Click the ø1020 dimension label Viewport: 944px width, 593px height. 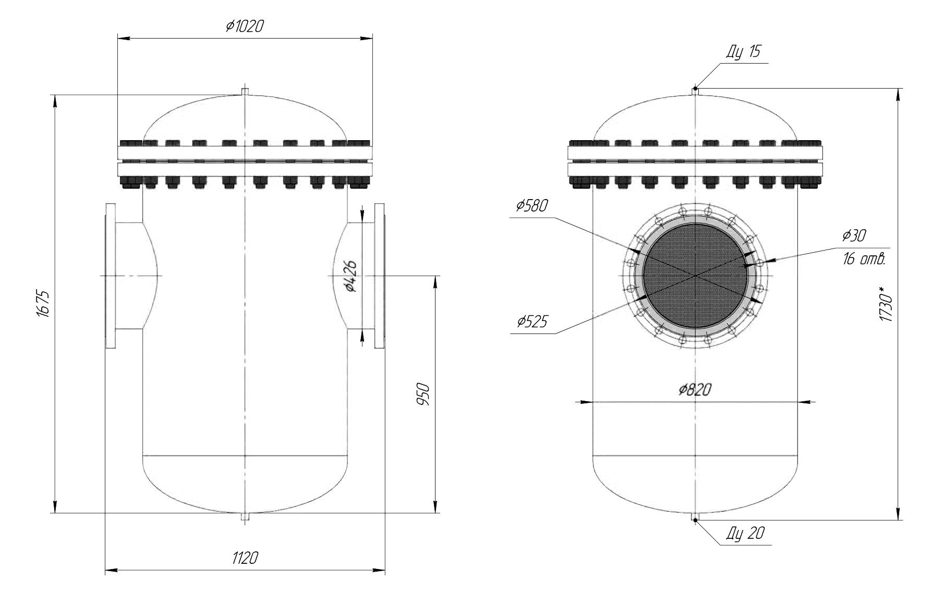[x=245, y=27]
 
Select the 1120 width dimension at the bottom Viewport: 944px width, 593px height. [x=245, y=559]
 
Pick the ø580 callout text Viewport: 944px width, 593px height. [x=532, y=206]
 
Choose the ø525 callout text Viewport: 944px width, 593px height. [x=532, y=322]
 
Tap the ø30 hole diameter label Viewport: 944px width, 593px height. [x=854, y=236]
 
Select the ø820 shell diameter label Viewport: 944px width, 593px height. [x=695, y=389]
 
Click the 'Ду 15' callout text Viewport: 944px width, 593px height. [x=743, y=52]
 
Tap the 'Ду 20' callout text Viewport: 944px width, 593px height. [x=746, y=533]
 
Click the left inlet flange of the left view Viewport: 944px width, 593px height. [x=110, y=276]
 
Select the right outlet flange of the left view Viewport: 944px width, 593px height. [x=380, y=276]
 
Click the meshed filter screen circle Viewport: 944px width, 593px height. [x=695, y=275]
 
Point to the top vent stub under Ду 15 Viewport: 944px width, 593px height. [x=695, y=91]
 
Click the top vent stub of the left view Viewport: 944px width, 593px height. [x=245, y=91]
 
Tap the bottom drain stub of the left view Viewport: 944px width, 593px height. [x=245, y=516]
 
